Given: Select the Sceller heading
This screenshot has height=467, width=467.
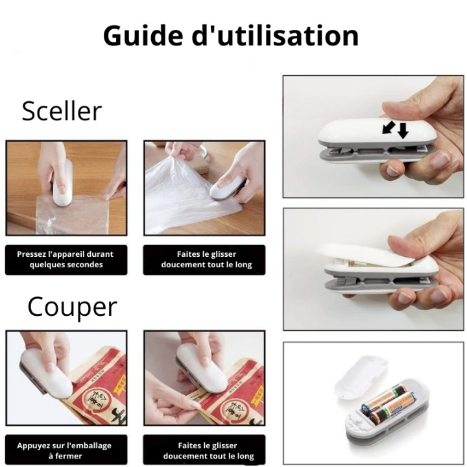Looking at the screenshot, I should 62,111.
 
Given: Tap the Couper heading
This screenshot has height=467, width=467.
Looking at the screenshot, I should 72,307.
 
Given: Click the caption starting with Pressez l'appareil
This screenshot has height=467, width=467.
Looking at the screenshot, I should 66,259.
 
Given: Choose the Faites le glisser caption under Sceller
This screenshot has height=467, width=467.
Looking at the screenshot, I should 206,259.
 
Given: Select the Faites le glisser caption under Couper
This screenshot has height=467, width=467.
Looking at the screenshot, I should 206,451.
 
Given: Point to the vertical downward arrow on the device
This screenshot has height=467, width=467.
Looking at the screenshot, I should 403,130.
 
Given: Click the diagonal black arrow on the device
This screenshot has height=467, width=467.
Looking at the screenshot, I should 389,127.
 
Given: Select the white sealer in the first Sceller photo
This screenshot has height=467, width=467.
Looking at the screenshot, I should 62,184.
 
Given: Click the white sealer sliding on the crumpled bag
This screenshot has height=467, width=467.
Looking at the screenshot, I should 228,188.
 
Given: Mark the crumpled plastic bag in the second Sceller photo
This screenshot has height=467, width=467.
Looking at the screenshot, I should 175,195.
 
